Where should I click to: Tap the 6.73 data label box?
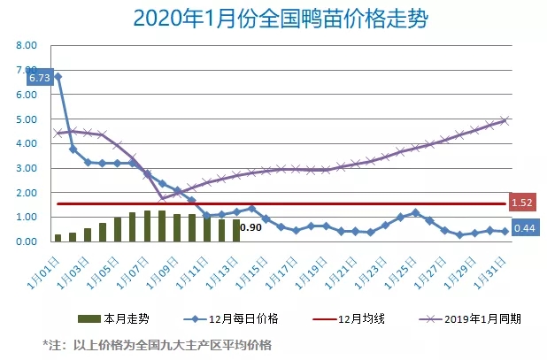click(x=39, y=78)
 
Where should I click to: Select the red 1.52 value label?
click(x=522, y=203)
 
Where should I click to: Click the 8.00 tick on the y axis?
click(x=27, y=45)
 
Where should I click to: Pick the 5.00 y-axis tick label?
click(x=27, y=119)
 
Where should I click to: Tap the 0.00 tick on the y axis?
click(x=27, y=241)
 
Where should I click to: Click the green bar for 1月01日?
click(x=58, y=237)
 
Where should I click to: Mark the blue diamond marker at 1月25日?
click(x=416, y=212)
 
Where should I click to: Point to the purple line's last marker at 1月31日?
click(x=505, y=120)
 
